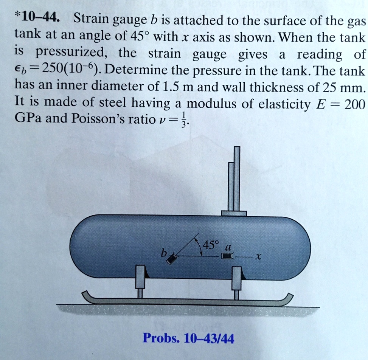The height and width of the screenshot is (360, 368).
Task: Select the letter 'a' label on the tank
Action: click(x=227, y=247)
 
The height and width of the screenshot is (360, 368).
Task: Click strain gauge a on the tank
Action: click(x=226, y=257)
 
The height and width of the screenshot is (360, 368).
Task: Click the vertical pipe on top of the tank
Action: click(x=234, y=182)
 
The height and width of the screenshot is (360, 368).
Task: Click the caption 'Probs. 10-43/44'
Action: click(x=188, y=338)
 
